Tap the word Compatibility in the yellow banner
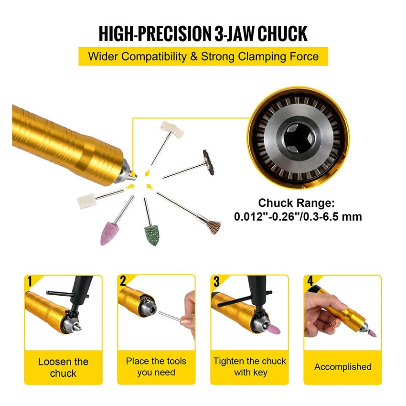154,56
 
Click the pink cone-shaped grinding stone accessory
109,234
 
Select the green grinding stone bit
151,235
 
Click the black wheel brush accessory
208,162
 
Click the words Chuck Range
296,203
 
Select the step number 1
30,281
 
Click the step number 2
123,281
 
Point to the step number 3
216,281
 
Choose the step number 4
310,281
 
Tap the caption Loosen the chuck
63,367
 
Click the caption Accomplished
343,367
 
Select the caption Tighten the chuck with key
250,367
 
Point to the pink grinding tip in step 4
373,333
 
